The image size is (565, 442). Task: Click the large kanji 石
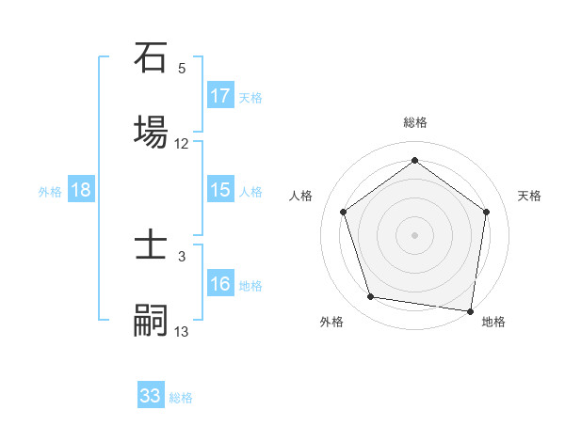(151, 57)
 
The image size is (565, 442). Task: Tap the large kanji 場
(151, 132)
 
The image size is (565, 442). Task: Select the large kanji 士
(151, 244)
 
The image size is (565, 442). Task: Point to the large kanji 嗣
(151, 320)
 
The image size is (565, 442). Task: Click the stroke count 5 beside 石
(182, 69)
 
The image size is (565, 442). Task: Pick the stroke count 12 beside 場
(181, 144)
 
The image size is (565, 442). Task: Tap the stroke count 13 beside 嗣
(181, 331)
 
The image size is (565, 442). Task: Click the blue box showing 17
(220, 95)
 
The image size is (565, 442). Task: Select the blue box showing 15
(220, 189)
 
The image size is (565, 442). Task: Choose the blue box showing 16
(220, 282)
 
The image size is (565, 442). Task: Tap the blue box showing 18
(81, 189)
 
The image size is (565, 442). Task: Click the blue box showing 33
(151, 394)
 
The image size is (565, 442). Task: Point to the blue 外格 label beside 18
(50, 192)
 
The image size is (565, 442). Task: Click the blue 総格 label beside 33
(181, 398)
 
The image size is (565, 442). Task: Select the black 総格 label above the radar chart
(415, 122)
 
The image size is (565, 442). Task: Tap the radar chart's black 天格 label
(529, 196)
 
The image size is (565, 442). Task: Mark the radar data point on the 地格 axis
(470, 311)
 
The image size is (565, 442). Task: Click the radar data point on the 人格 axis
(344, 212)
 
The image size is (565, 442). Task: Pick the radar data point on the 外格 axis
(371, 296)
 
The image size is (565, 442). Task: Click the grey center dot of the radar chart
(414, 235)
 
